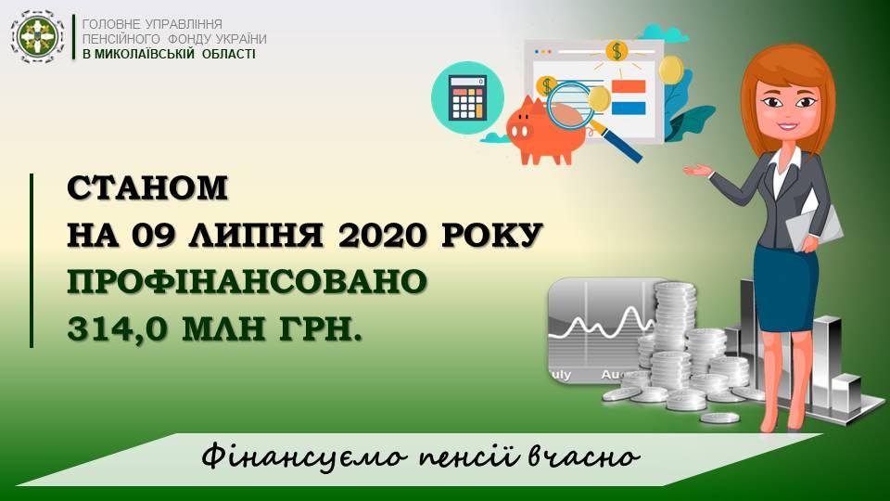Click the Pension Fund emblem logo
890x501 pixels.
37,37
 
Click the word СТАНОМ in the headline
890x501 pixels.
147,188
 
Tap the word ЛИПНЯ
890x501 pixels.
256,235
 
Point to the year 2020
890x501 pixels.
382,235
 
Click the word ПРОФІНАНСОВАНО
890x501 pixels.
247,282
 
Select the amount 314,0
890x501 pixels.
118,328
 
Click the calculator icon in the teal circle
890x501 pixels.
467,97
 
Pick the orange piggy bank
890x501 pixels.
544,131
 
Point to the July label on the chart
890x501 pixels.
560,375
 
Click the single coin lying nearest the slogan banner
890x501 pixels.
719,418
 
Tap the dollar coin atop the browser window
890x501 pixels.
616,51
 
